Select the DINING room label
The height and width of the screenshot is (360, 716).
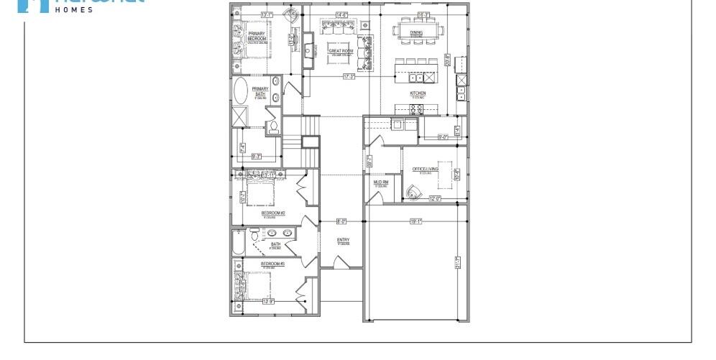416,32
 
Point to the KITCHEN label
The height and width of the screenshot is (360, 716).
418,93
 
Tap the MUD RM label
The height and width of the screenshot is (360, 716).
380,182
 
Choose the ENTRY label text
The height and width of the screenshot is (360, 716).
343,240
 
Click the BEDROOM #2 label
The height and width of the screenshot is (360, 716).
274,212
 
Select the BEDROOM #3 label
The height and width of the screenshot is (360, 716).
272,264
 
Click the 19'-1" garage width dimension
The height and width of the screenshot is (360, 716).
416,221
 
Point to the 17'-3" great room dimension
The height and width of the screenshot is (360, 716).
349,76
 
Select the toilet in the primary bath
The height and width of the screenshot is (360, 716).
273,128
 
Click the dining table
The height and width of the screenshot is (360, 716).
416,32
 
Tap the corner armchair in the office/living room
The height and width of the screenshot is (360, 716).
412,191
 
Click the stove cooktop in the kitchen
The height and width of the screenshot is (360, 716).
417,109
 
